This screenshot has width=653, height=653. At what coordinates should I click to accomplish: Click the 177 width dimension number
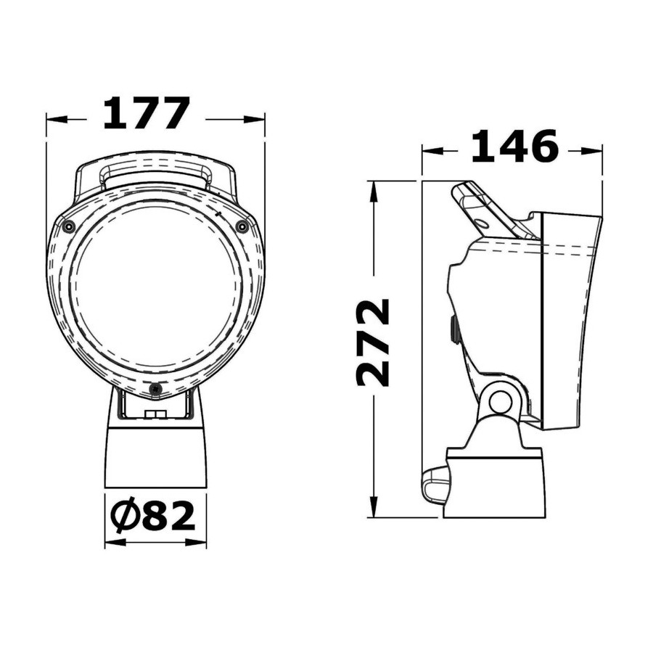click(146, 113)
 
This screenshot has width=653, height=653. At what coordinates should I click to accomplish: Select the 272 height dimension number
click(373, 342)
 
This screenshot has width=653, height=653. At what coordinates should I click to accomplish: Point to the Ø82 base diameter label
click(154, 516)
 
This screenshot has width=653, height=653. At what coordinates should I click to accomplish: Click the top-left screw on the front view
click(68, 226)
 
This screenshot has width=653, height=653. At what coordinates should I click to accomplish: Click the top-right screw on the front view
click(242, 226)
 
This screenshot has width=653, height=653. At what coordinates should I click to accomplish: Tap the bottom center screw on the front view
click(155, 389)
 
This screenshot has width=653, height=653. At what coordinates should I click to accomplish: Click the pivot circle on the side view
click(500, 402)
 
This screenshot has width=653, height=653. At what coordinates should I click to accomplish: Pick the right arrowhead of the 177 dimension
click(255, 120)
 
